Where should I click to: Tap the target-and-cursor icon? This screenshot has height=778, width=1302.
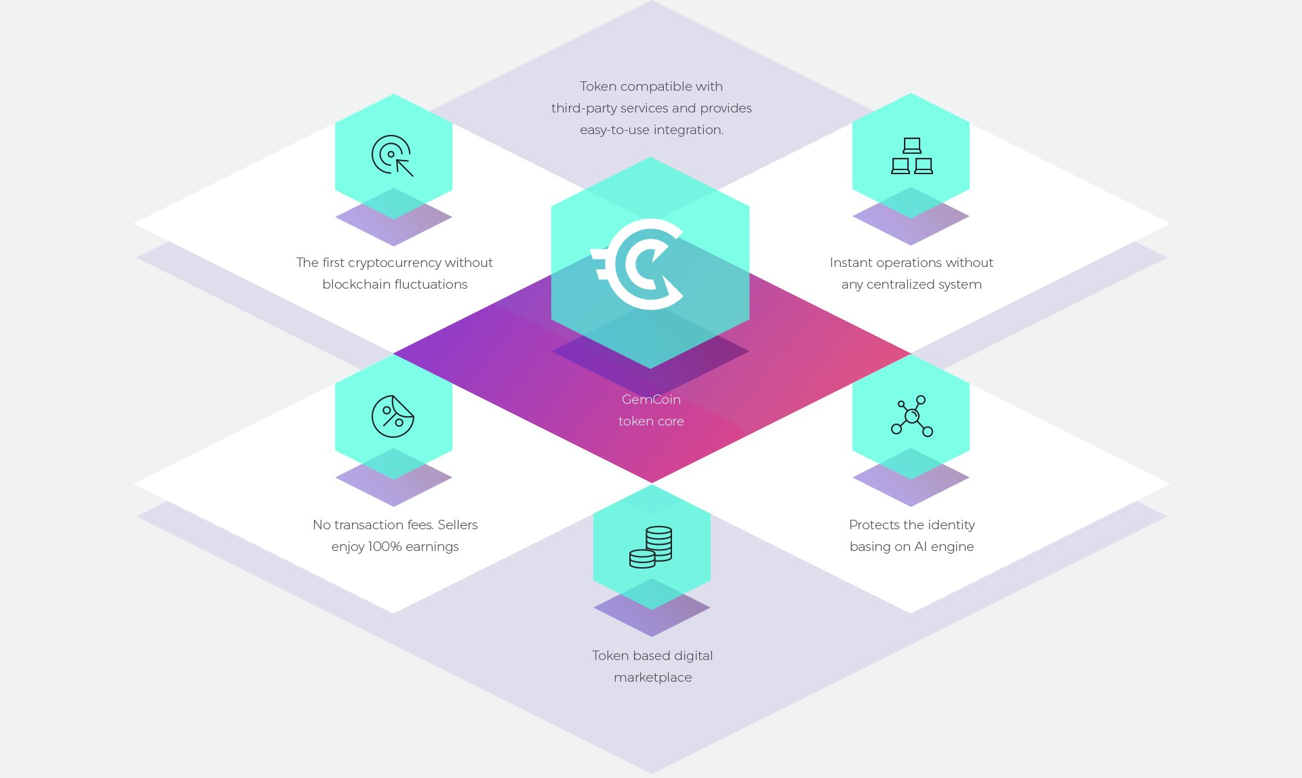point(392,156)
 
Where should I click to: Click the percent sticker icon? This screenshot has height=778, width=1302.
point(393,416)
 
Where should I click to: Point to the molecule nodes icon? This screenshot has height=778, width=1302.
point(912,415)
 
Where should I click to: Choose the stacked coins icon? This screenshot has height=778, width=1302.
point(651,547)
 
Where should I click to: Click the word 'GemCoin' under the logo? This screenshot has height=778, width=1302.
point(651,399)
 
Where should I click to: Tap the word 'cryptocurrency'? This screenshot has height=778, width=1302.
point(393,263)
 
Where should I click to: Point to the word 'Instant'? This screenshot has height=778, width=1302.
point(850,262)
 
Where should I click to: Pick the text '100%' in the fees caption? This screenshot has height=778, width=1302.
point(384,546)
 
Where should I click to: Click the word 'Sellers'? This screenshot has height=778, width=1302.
point(458,525)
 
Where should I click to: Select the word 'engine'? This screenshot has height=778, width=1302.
point(953,547)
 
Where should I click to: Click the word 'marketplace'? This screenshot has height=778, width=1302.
point(653,677)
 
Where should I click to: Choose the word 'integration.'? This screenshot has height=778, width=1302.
point(688,129)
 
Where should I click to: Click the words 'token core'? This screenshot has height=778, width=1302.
point(651,421)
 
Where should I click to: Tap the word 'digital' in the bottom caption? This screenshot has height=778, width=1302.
point(693,655)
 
